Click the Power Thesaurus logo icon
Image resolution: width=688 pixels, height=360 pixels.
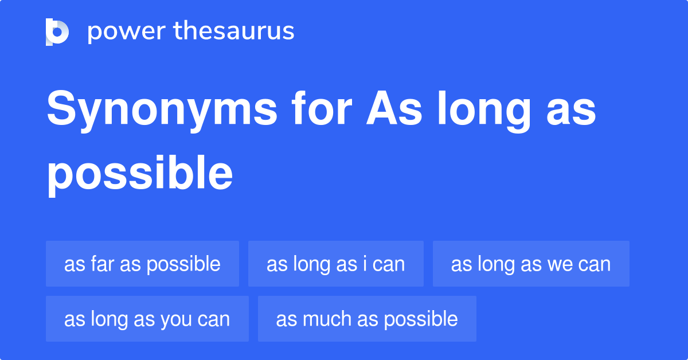tap(57, 32)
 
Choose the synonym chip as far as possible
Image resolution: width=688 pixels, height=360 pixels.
tap(142, 264)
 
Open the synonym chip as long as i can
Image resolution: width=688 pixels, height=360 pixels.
tap(335, 264)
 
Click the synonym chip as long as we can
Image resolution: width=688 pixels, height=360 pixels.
tap(530, 264)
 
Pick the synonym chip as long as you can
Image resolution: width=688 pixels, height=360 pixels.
tap(147, 319)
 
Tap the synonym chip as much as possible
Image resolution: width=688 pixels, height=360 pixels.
tap(367, 319)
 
